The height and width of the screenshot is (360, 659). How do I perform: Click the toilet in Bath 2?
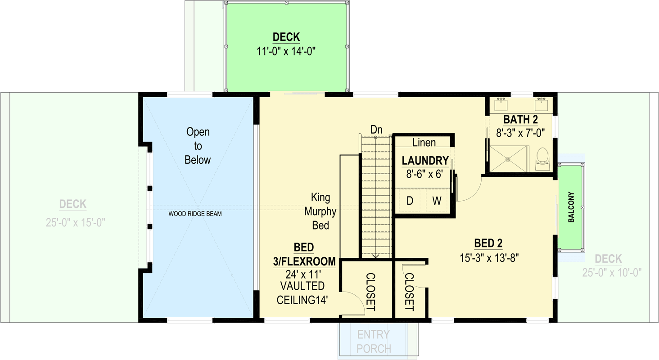542,158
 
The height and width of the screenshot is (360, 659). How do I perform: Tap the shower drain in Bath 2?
508,158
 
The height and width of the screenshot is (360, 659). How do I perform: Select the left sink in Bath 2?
501,105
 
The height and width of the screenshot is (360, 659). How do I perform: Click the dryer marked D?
410,201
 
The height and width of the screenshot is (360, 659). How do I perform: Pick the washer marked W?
437,201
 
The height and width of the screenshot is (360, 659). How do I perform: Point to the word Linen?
424,143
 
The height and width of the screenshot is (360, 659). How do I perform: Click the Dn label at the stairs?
376,130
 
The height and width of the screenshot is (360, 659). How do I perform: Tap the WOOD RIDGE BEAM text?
195,214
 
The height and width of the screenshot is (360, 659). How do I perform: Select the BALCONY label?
571,207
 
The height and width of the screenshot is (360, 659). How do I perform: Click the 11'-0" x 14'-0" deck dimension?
286,51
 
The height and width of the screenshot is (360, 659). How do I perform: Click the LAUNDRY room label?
425,161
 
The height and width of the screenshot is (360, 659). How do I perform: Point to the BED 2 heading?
488,244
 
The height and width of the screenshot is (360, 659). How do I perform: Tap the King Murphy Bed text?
320,211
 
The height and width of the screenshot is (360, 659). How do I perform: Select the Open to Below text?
198,146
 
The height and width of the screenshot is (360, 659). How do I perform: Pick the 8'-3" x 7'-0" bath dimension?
520,133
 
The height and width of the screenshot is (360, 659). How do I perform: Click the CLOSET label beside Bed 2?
409,292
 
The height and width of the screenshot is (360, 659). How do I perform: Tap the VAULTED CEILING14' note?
302,292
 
